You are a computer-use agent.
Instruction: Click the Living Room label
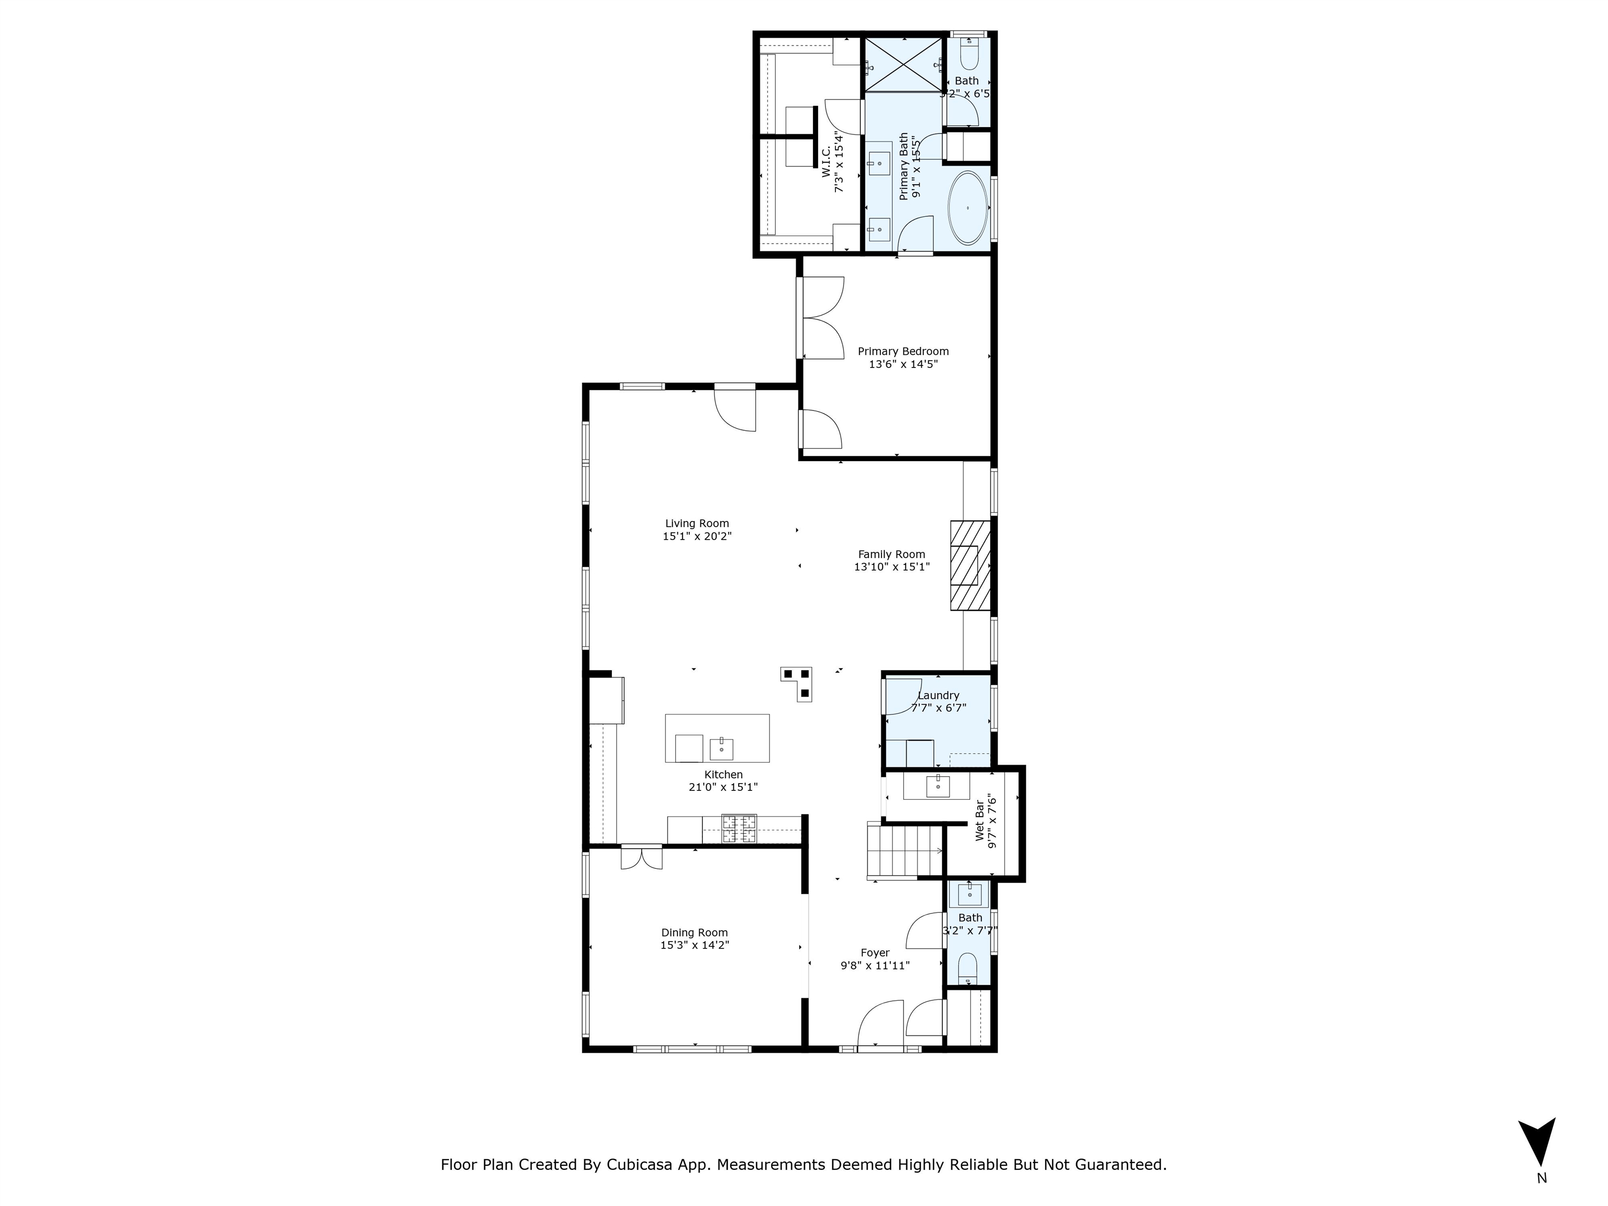point(696,523)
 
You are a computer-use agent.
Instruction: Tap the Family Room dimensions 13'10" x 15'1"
point(891,567)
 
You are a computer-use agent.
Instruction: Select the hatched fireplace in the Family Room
point(970,565)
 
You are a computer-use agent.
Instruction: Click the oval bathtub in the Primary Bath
point(967,208)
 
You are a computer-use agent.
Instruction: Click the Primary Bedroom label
point(903,351)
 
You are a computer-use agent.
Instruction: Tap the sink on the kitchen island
point(721,748)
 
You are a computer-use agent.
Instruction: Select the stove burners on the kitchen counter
point(739,828)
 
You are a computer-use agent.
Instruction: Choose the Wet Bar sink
point(938,786)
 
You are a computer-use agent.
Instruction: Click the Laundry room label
point(938,696)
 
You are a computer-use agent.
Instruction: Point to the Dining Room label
point(694,933)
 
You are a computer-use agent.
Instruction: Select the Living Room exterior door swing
point(735,411)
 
